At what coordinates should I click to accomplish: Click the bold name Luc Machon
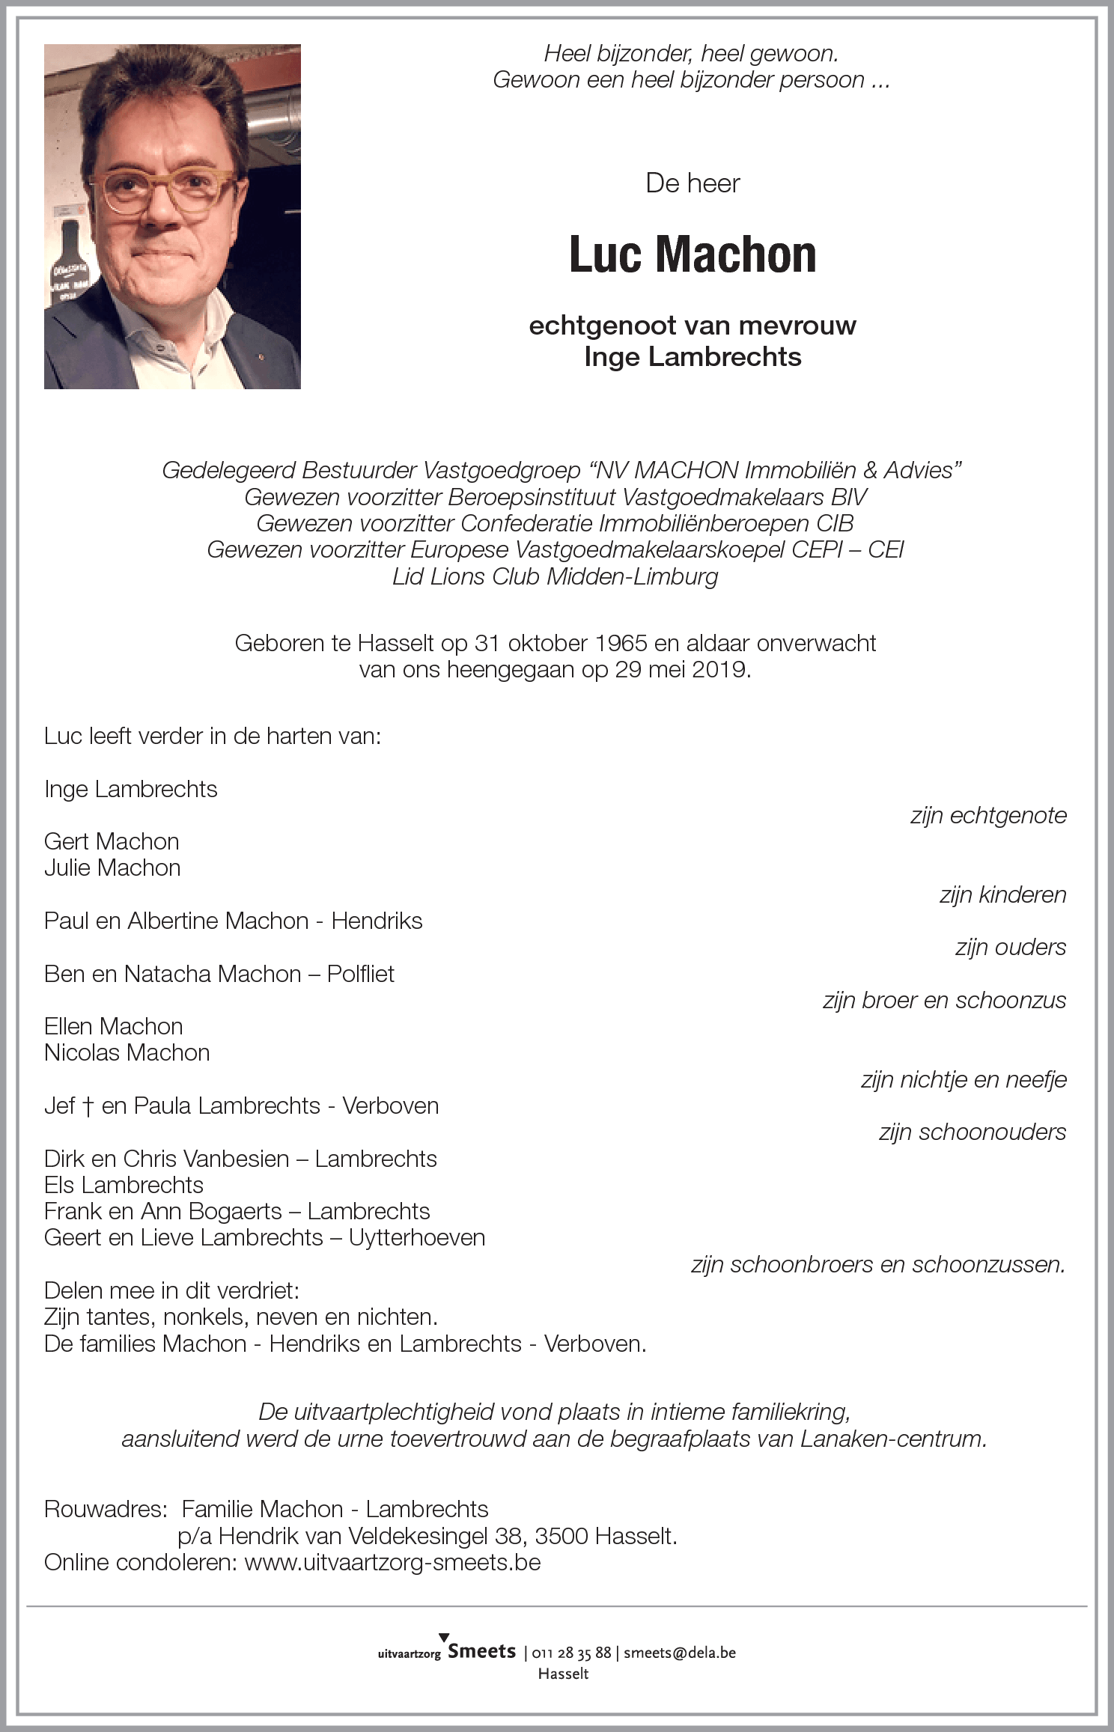(693, 255)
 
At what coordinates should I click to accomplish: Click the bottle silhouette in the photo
(70, 262)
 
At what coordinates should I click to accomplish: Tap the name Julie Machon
(112, 867)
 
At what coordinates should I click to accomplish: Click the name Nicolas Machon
(127, 1052)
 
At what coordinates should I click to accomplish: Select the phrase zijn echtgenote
(988, 815)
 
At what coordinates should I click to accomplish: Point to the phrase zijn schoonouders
(973, 1132)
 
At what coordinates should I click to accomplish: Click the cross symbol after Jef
(88, 1106)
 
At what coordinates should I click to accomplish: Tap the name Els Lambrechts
(124, 1185)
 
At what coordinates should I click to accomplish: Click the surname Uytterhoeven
(417, 1237)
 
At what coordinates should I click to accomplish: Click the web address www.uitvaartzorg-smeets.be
(392, 1562)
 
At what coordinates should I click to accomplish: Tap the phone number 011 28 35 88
(571, 1653)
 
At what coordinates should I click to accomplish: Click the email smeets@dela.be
(680, 1653)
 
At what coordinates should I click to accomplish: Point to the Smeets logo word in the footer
(481, 1651)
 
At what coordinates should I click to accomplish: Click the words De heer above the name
(693, 183)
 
